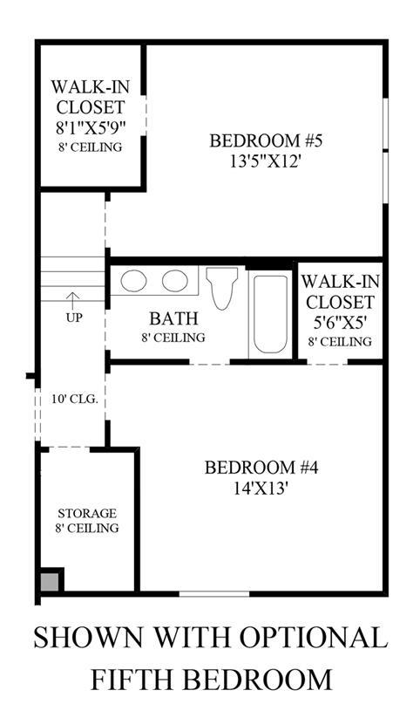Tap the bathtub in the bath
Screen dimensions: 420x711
point(270,314)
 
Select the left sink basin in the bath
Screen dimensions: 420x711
point(133,281)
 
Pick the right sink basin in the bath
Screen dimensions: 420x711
point(175,281)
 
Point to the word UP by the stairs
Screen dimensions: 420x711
point(74,318)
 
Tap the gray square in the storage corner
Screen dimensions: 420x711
point(50,582)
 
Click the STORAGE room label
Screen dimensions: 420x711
point(87,513)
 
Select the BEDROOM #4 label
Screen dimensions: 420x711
point(261,468)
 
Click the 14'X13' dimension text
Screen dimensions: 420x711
point(261,489)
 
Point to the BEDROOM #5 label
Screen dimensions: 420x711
point(266,140)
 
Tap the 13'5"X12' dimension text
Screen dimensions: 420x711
point(266,161)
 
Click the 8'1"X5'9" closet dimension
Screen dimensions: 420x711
point(91,128)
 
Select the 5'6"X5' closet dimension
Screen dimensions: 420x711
point(340,323)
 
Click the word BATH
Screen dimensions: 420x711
point(174,318)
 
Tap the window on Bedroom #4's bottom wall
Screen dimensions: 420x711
point(213,593)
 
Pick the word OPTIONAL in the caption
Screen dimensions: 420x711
point(313,637)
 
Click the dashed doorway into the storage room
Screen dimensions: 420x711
point(70,448)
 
